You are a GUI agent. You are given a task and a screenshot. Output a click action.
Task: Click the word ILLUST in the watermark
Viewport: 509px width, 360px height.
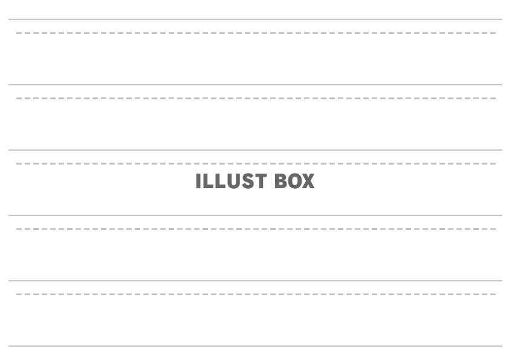tap(231, 181)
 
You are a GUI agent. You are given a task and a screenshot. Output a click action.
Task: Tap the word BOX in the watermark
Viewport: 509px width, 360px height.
tap(294, 181)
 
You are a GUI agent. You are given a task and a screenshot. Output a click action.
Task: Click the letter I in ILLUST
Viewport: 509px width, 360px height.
tap(198, 181)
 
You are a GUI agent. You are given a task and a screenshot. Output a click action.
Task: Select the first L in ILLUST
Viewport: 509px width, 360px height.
tap(208, 181)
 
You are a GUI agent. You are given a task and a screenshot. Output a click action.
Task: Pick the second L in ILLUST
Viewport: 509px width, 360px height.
tap(220, 181)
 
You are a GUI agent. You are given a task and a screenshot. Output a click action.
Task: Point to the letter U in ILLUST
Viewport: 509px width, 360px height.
tap(233, 181)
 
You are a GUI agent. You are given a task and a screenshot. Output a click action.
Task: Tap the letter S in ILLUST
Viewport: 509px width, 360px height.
tap(247, 181)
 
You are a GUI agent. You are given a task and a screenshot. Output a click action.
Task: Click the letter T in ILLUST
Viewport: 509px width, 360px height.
tap(261, 181)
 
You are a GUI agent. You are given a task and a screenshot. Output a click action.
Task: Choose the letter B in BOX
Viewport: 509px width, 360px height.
tap(280, 181)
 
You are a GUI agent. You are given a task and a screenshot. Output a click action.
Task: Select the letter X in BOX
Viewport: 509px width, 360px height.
tap(308, 181)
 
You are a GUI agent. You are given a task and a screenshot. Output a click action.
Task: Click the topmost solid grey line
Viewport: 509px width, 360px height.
tap(255, 19)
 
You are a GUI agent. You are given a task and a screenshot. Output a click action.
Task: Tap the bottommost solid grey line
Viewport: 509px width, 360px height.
tap(255, 346)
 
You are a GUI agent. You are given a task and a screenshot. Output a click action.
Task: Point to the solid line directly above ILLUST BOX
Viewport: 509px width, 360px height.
tap(255, 150)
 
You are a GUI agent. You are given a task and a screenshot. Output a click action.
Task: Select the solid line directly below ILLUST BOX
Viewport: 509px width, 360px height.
tap(255, 215)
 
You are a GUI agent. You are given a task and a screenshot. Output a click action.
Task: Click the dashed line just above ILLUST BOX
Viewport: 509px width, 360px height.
tap(256, 164)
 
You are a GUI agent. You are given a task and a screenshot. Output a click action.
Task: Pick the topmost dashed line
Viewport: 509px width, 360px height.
tap(256, 33)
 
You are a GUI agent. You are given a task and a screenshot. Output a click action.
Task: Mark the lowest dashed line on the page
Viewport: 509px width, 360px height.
tap(256, 295)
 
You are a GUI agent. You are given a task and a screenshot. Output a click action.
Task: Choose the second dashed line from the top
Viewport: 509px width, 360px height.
tap(256, 98)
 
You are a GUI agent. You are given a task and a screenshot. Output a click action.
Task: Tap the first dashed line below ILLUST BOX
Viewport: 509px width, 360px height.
tap(256, 229)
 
